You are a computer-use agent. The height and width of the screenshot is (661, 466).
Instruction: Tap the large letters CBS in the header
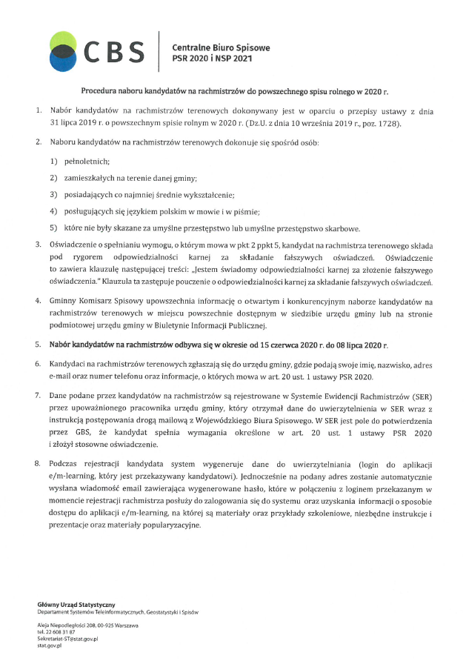pos(114,50)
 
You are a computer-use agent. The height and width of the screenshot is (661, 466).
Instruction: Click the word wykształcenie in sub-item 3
pos(208,195)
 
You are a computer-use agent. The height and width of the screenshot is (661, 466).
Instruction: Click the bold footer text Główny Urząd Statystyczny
pos(76,606)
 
